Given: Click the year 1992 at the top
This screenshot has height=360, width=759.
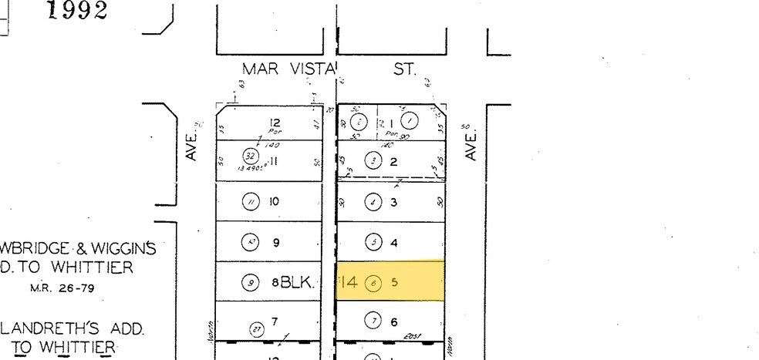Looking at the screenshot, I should [x=76, y=12].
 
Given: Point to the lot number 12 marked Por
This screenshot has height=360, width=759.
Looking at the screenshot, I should [x=275, y=123].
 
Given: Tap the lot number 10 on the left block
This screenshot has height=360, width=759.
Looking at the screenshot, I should [x=275, y=202].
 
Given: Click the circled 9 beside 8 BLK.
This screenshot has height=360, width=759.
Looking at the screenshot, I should [x=250, y=283].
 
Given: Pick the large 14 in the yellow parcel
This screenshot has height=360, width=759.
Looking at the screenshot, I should [x=349, y=283].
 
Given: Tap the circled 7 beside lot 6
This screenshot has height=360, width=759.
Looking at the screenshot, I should [x=374, y=321].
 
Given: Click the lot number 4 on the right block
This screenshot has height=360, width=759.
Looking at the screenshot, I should [x=394, y=243].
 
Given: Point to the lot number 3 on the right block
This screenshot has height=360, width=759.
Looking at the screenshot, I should [x=393, y=203].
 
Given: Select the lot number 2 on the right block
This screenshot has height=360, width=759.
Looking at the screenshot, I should [x=393, y=162].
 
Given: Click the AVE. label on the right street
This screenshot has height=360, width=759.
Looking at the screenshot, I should [x=473, y=146].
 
